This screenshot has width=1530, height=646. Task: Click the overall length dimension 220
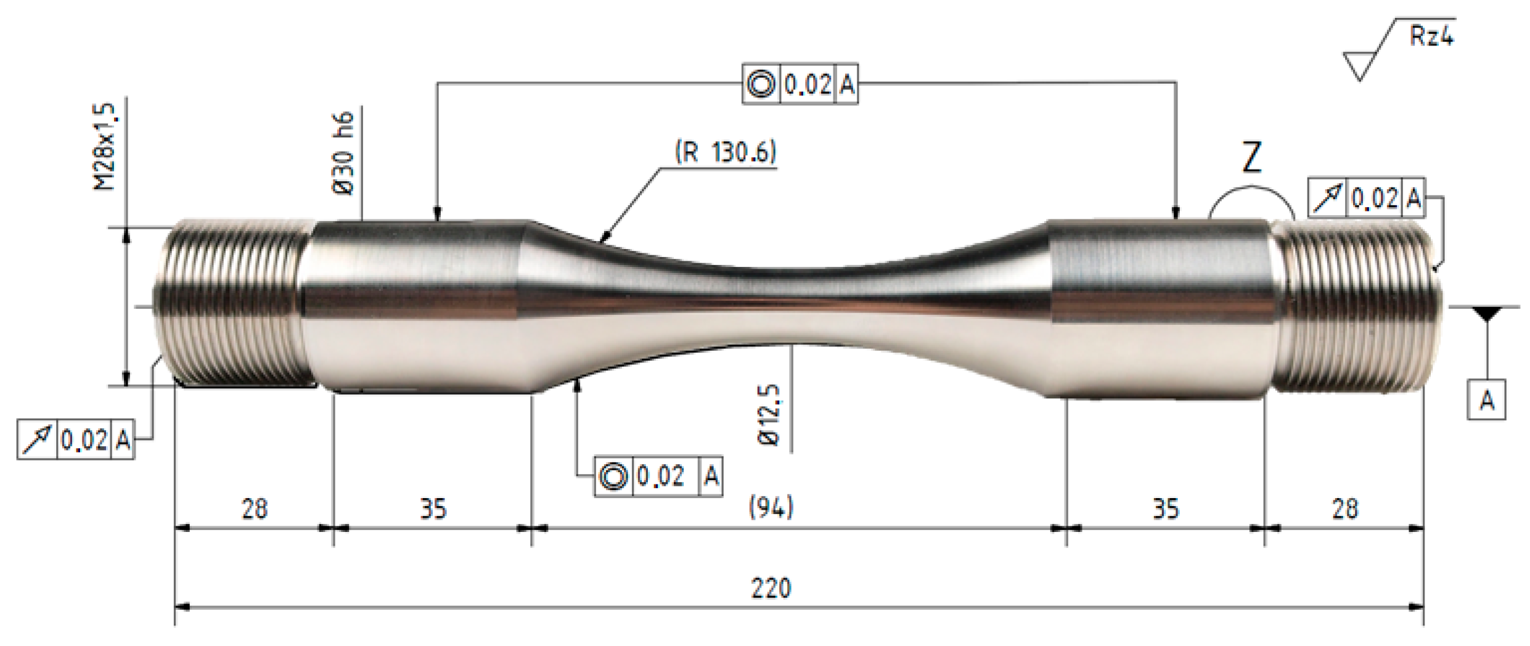point(771,588)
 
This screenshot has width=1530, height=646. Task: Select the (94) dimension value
point(771,508)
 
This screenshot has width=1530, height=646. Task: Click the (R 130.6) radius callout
point(726,152)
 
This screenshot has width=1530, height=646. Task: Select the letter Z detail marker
point(1251,158)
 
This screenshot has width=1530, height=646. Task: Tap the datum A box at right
point(1486,401)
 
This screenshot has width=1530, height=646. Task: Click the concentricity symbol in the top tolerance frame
point(761,84)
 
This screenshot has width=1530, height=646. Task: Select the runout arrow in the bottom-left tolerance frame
point(37,440)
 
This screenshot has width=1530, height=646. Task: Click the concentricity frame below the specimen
point(658,476)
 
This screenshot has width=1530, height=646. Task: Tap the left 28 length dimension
point(254,509)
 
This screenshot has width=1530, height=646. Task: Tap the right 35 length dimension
point(1165,509)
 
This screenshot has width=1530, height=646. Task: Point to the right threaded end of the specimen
point(1356,306)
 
